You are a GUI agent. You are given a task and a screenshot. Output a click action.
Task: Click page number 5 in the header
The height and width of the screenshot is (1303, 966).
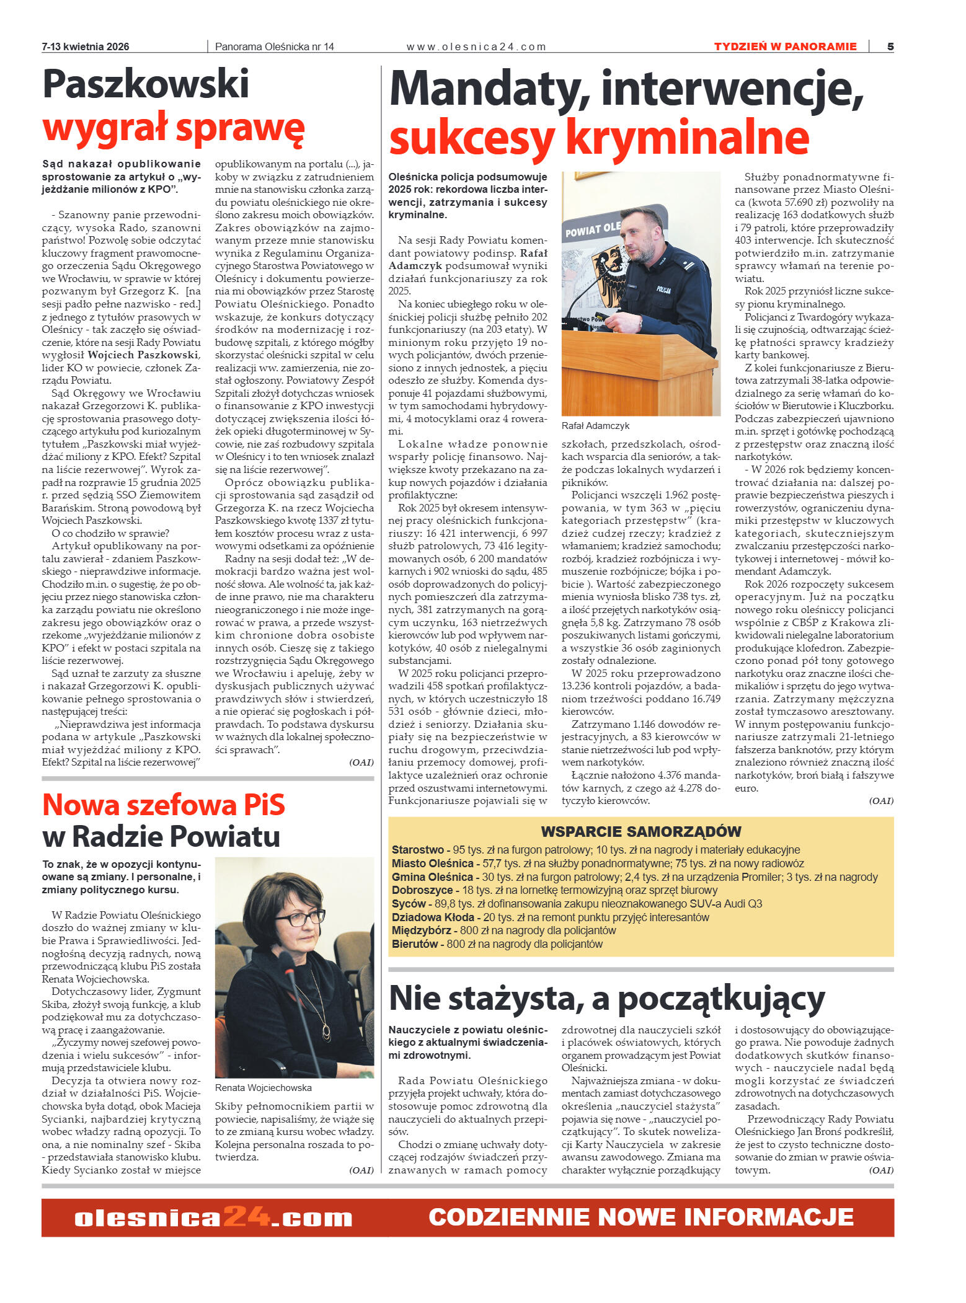[890, 46]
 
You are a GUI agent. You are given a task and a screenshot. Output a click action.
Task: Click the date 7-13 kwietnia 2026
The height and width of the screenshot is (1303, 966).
[86, 47]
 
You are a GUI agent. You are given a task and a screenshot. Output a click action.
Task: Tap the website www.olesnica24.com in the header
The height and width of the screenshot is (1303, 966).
[476, 47]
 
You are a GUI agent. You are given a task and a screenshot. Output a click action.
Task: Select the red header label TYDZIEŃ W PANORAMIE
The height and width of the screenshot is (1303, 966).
[785, 46]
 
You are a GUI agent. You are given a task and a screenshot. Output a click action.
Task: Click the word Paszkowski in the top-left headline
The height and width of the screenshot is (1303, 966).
[146, 84]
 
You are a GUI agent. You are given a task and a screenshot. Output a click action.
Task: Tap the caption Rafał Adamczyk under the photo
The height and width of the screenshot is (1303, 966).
[595, 426]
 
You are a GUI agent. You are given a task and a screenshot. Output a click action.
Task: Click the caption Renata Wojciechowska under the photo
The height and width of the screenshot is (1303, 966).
[263, 1088]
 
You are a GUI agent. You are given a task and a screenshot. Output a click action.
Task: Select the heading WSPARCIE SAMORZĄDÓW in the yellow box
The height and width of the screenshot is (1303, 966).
[640, 832]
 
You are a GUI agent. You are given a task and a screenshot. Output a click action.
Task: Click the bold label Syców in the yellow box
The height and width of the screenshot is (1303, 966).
[409, 904]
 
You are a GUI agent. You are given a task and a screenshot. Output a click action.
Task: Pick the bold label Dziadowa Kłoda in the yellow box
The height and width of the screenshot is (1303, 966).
[432, 917]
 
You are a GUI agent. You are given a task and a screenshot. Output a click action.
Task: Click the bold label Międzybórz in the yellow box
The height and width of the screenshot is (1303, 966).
[422, 930]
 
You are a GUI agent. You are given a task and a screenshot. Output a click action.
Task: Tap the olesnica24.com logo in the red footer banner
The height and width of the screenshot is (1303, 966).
[213, 1218]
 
